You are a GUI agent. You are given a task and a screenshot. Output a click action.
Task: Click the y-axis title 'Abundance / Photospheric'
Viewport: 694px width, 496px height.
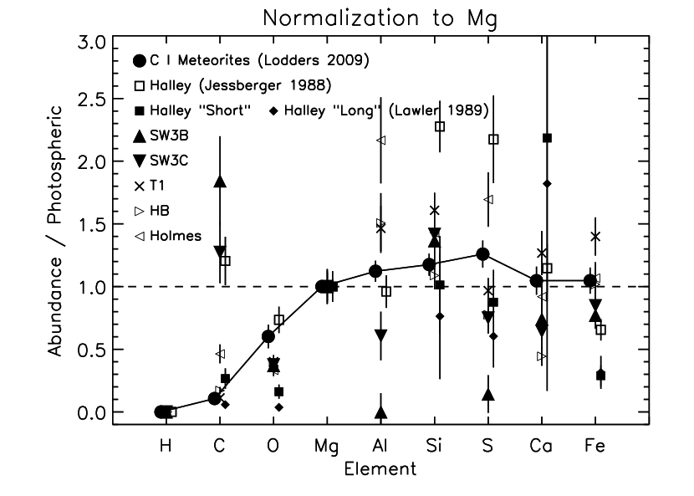point(55,230)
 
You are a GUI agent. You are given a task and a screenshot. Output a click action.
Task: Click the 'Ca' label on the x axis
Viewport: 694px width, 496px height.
point(541,447)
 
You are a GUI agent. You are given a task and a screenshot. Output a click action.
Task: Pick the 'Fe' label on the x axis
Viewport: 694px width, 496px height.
point(594,447)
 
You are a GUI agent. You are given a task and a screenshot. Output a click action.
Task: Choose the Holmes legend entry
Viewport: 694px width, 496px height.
point(167,236)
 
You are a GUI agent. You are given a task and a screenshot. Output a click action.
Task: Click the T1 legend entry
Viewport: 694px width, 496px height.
point(151,186)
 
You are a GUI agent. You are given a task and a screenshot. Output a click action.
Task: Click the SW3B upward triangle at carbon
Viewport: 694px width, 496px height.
point(221,182)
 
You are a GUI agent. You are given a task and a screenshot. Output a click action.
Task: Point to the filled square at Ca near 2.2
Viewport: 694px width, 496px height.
point(548,138)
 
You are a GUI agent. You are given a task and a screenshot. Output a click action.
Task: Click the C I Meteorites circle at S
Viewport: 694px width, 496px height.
point(482,254)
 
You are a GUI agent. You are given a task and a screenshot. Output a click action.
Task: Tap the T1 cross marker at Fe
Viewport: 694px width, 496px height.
point(595,236)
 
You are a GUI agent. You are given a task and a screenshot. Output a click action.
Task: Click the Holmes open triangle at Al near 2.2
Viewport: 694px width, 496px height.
point(380,141)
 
